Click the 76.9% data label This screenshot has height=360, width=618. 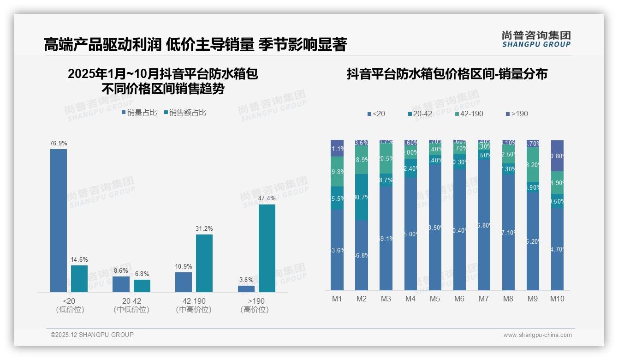tap(59, 144)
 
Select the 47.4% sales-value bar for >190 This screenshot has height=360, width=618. tap(267, 248)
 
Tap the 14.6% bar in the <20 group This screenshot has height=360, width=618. tap(79, 279)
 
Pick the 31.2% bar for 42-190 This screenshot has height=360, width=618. tap(204, 263)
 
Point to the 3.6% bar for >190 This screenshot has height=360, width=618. tap(246, 289)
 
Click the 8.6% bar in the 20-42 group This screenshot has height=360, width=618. tap(121, 284)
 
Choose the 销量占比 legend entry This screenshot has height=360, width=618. tap(139, 113)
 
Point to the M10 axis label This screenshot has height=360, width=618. tap(557, 299)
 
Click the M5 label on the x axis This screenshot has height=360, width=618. tap(435, 299)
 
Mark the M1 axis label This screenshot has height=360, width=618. tap(337, 299)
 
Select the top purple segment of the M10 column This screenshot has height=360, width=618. tap(557, 156)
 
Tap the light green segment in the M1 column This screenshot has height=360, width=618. tap(337, 171)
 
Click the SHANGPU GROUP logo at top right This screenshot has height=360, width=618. tap(536, 39)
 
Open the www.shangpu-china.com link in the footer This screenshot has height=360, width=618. tap(537, 335)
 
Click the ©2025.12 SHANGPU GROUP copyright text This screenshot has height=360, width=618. tap(92, 335)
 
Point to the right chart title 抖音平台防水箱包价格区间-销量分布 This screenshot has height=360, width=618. tap(447, 74)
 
